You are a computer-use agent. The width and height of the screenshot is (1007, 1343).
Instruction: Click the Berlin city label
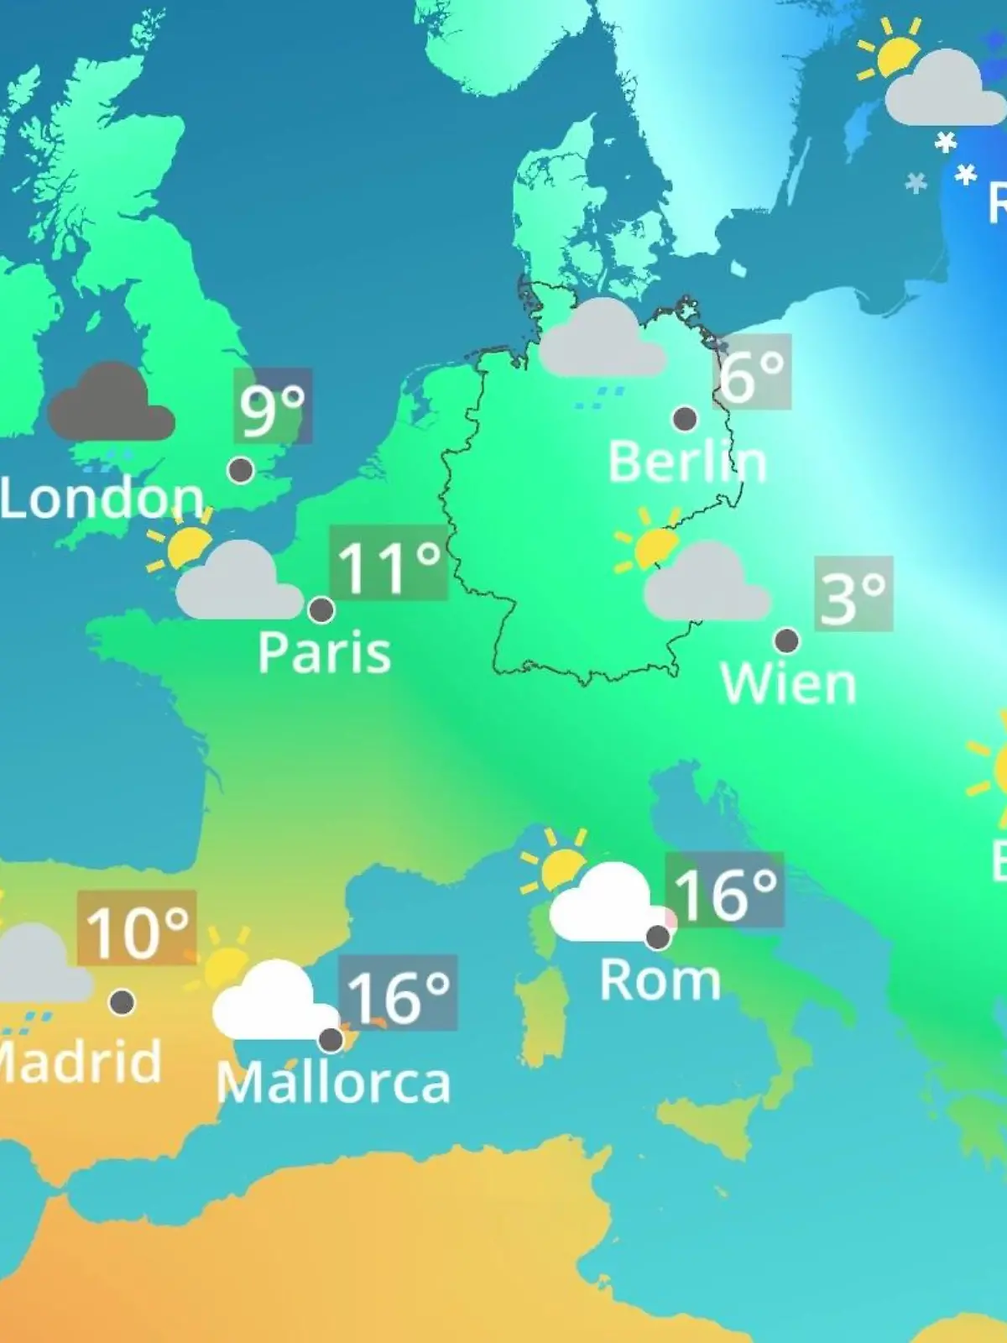[x=687, y=462]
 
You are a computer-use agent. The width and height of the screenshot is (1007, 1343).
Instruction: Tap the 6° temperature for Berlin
[x=753, y=372]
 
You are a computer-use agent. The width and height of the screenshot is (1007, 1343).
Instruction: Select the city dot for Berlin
[x=685, y=418]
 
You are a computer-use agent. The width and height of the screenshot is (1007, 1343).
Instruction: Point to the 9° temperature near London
[x=273, y=406]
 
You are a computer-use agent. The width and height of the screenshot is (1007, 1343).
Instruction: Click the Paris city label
[x=324, y=652]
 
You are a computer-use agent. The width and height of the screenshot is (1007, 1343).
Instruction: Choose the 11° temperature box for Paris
[x=389, y=562]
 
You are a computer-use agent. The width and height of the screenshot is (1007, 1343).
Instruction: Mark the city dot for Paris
[x=321, y=609]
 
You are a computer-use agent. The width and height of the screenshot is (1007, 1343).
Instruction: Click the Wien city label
[x=788, y=684]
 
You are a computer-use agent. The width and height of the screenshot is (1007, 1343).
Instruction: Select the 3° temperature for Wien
[x=853, y=593]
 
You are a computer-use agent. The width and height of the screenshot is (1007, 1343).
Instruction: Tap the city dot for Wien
[x=786, y=641]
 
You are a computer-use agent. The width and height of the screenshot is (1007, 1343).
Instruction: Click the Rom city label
[x=660, y=980]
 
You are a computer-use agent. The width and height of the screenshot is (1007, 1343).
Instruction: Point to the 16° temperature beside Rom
[x=724, y=891]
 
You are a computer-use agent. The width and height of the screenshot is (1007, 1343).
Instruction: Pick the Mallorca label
[x=333, y=1084]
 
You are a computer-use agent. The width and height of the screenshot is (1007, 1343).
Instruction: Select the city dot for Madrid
[x=123, y=1001]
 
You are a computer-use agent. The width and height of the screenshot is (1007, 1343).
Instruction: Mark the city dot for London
[x=241, y=470]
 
